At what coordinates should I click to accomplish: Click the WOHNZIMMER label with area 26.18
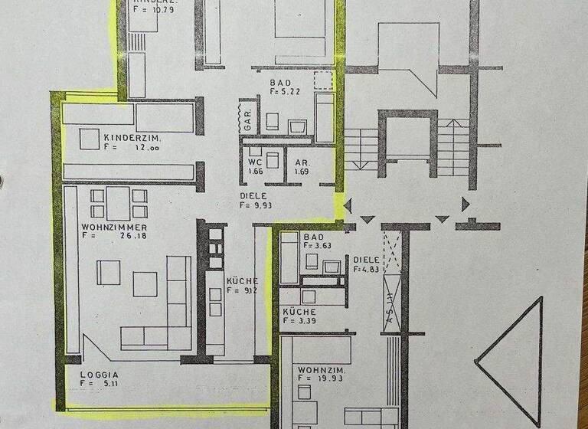click(114, 228)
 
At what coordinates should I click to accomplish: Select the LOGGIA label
click(97, 376)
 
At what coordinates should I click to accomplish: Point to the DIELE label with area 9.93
click(252, 195)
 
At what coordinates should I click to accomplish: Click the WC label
click(255, 162)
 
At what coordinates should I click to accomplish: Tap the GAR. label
click(248, 119)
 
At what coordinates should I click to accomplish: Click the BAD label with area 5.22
click(281, 82)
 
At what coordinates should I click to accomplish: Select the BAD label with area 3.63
click(313, 237)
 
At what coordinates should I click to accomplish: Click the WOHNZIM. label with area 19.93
click(322, 372)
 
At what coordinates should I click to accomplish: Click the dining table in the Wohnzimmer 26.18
click(118, 203)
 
